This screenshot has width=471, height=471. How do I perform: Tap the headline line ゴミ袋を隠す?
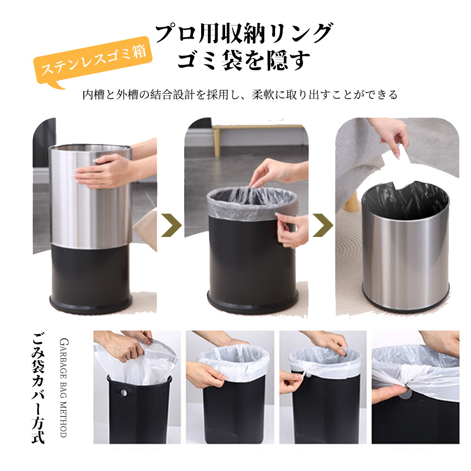point(244,60)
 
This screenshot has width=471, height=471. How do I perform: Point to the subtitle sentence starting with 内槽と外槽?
point(240,95)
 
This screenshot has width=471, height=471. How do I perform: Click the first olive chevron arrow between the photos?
point(171,225)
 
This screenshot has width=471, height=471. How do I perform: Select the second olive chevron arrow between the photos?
point(323,225)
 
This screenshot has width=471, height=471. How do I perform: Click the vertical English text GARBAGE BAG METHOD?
point(64,388)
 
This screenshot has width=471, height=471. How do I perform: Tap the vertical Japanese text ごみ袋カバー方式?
point(39,388)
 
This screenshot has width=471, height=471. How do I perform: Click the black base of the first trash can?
point(91,279)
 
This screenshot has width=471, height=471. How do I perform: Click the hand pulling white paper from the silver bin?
point(390,134)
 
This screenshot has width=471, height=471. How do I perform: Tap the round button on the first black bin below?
point(123,393)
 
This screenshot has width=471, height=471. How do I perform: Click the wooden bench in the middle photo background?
point(258,137)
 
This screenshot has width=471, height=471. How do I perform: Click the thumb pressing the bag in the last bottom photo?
point(388,393)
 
